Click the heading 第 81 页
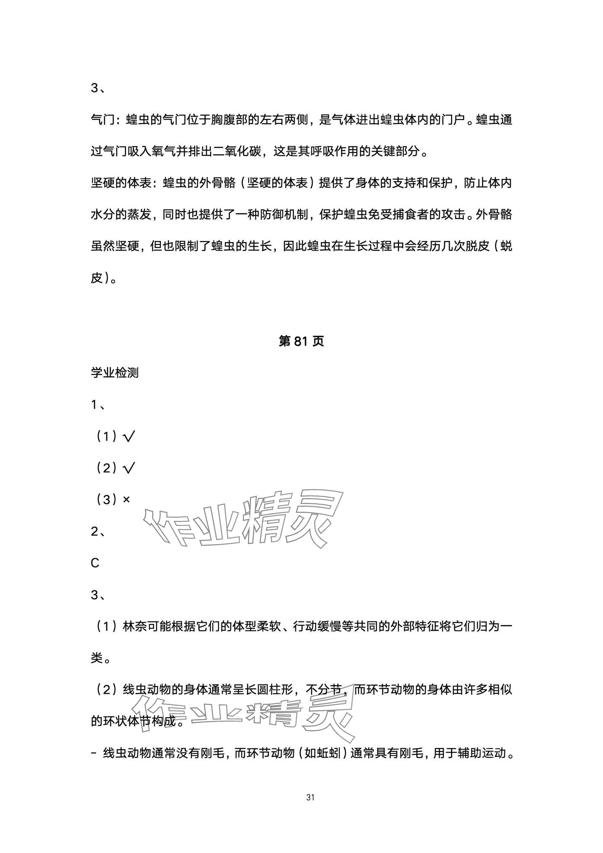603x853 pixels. click(301, 341)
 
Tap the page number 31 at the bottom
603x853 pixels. click(310, 797)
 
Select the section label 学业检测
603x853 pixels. click(114, 372)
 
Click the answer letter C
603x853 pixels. click(95, 563)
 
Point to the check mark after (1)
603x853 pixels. click(128, 437)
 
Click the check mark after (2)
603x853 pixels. click(128, 468)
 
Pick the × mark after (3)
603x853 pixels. click(126, 499)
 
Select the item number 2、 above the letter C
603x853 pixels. click(98, 531)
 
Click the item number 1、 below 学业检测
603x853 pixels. click(98, 405)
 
